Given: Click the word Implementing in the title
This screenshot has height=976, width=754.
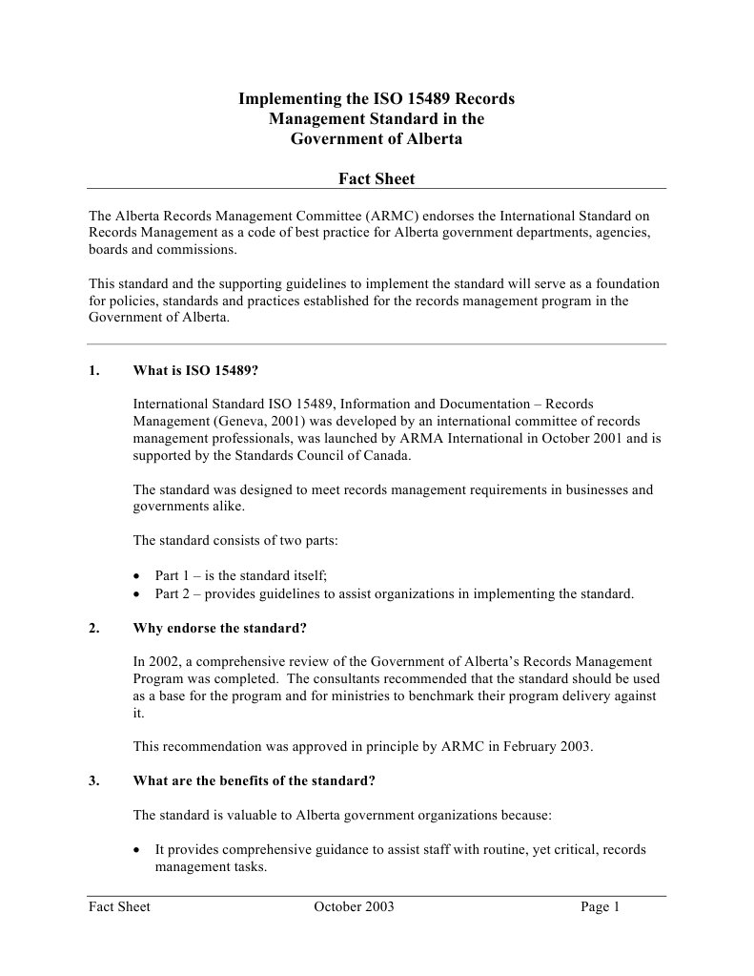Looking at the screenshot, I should [284, 99].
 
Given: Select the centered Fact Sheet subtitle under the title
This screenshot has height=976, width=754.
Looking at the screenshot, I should [377, 178].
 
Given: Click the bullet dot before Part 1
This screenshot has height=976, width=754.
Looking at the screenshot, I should [139, 576].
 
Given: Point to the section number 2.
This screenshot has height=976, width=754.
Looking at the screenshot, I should [93, 628].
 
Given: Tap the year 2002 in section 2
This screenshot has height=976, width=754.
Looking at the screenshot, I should [166, 661].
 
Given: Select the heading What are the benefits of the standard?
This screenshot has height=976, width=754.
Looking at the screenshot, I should [255, 780].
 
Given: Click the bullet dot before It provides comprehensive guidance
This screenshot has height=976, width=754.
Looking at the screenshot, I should [139, 849].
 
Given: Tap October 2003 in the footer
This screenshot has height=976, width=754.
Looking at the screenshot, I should [354, 907].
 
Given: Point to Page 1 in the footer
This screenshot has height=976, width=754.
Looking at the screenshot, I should [600, 907].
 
